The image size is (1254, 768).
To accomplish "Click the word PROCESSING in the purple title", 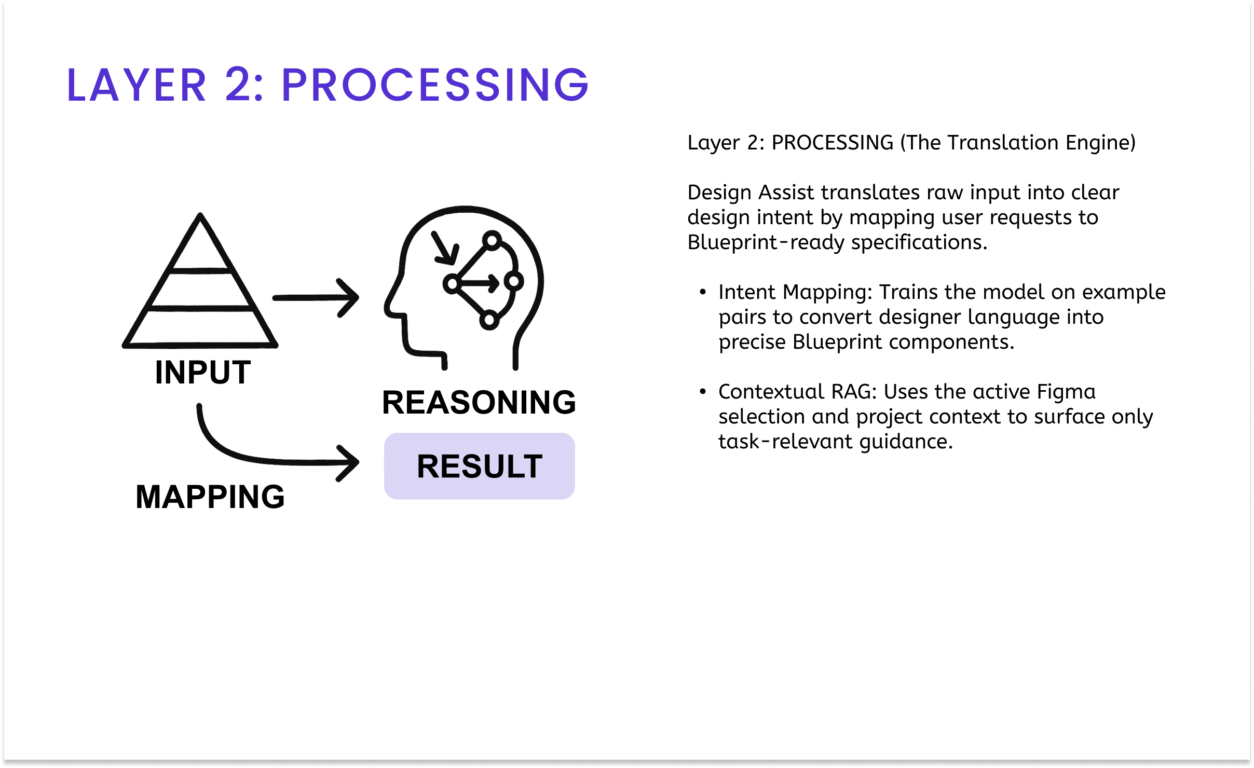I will coord(435,85).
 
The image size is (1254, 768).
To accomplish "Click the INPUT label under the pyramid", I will coord(203,372).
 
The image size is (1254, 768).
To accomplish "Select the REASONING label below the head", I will coord(479,402).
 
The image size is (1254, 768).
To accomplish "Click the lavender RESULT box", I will coord(479,466).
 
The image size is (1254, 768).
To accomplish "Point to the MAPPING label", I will coord(210,497).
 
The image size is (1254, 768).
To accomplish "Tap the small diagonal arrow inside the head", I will coord(444,248).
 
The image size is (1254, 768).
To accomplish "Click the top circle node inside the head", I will coord(492,240).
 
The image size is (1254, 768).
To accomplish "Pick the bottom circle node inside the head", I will coord(489,319).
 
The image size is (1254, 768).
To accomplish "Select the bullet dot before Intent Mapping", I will coord(703,292).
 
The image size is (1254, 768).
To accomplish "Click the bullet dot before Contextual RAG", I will coord(703,392).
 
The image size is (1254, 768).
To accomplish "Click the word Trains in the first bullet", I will coord(908,292).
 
